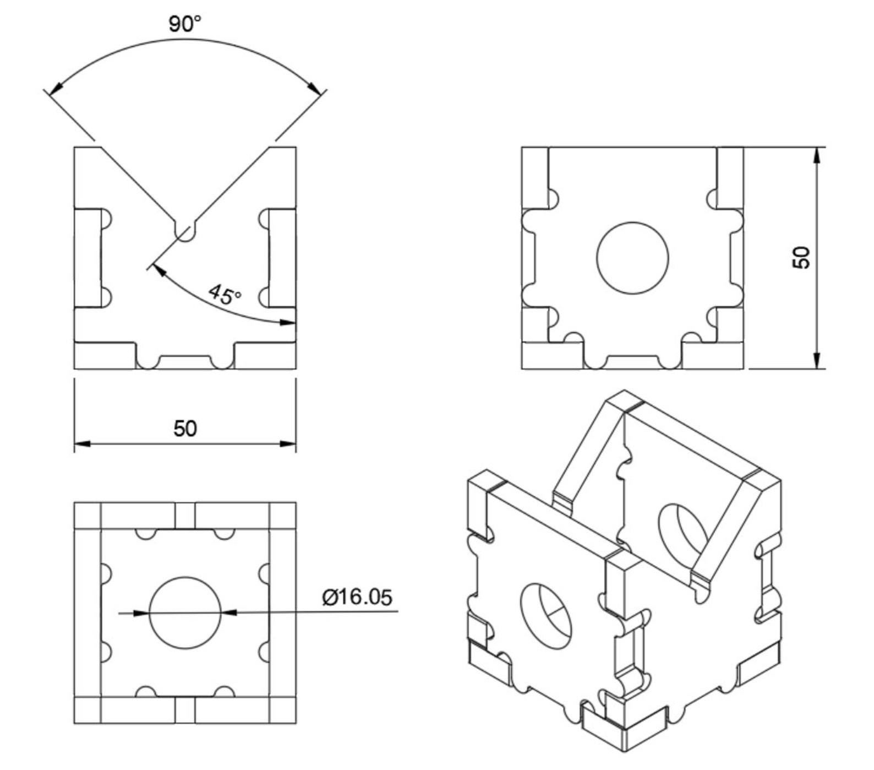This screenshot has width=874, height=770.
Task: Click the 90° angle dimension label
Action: [x=185, y=24]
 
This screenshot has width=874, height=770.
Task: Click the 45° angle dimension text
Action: [x=225, y=295]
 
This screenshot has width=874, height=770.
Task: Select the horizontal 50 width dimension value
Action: [x=185, y=429]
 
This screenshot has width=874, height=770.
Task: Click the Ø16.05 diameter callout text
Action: [x=358, y=597]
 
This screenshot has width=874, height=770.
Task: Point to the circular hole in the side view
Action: [x=632, y=258]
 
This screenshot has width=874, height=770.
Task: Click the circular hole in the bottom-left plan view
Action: [x=185, y=612]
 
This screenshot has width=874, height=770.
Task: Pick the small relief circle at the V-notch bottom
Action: [x=185, y=232]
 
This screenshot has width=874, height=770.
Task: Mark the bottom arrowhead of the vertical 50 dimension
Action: [x=817, y=361]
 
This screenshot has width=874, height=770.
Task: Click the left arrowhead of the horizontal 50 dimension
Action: [x=81, y=443]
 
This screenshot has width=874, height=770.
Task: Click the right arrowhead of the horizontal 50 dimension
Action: [x=288, y=443]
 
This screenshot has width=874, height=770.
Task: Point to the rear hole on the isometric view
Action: [x=683, y=531]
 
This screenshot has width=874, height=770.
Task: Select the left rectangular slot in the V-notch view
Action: [x=88, y=258]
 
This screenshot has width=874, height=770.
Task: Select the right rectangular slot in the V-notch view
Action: [x=282, y=258]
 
